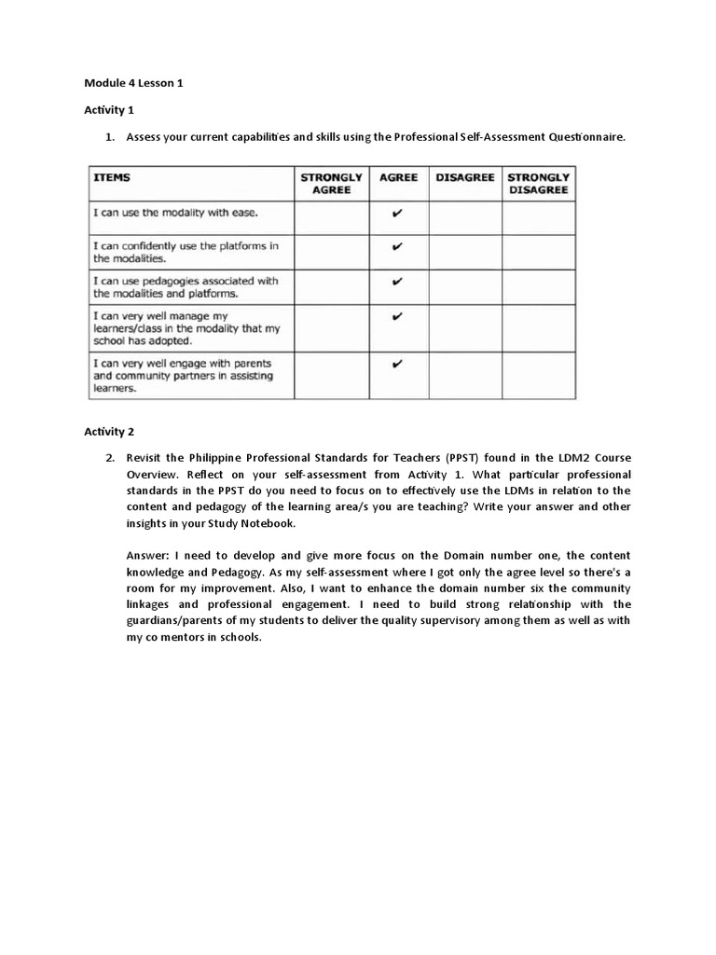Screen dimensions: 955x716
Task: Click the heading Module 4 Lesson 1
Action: coord(133,83)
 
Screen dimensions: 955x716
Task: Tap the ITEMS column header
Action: coord(111,177)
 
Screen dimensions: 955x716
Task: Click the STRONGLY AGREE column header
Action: coord(331,183)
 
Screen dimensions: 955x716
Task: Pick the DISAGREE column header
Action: coord(464,177)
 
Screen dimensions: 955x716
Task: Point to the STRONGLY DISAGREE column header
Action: coord(538,183)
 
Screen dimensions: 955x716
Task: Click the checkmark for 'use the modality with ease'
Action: coord(398,214)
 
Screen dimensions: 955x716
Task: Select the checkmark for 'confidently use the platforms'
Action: coord(398,247)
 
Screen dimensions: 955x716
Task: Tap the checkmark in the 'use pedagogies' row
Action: coord(398,281)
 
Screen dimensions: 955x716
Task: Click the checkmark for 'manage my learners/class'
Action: coord(398,316)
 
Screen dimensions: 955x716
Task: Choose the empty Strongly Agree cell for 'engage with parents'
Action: coord(331,375)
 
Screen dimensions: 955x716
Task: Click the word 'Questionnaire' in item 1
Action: coord(585,137)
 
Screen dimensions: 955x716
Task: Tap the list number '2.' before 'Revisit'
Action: coord(109,458)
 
